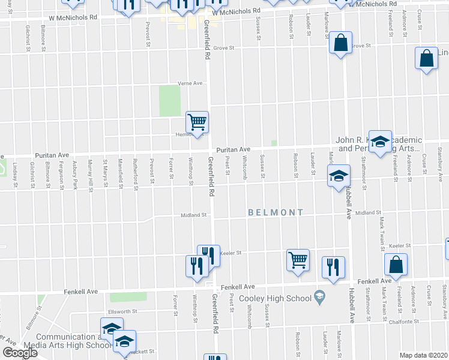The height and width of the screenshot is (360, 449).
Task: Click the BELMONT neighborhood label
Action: coord(276,212)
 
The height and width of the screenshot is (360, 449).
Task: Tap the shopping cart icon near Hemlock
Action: coord(197,122)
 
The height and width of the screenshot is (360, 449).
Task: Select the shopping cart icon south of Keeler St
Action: coord(298,260)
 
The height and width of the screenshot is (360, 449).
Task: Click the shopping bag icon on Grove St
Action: coord(340,43)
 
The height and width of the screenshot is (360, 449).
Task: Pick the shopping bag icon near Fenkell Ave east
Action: coord(396,264)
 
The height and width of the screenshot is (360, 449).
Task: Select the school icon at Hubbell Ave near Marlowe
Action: coord(339,176)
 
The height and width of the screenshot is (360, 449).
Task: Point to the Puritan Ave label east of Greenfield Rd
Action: coord(233,149)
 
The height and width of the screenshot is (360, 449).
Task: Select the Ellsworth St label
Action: coord(123,311)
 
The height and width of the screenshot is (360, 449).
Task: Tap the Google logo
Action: coord(20,352)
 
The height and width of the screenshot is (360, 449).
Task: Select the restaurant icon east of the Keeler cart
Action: coord(333,267)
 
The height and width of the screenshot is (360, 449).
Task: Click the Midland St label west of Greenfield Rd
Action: coord(194,214)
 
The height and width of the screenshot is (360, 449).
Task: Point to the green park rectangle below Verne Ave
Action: coord(170,100)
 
